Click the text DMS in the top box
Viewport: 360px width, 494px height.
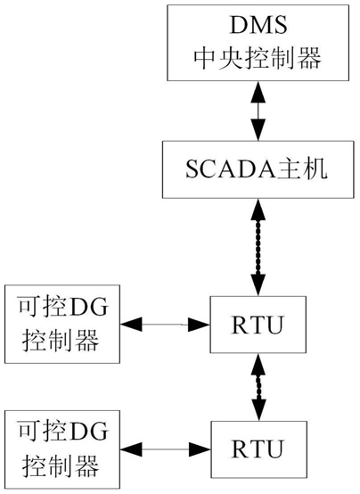click(258, 25)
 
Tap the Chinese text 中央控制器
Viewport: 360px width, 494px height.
click(258, 58)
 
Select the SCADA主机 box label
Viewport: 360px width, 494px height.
click(257, 169)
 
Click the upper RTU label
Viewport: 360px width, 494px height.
click(258, 325)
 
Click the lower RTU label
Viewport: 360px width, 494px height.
click(258, 449)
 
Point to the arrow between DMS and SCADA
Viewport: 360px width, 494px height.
click(258, 111)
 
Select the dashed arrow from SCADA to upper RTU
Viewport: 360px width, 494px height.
click(258, 247)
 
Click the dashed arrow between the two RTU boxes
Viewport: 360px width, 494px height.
click(258, 387)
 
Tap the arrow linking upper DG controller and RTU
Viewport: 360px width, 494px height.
click(165, 325)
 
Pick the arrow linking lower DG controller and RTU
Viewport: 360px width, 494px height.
click(166, 449)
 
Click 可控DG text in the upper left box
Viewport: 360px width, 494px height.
click(63, 307)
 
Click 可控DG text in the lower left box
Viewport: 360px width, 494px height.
click(63, 431)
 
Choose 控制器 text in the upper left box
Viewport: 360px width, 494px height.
click(61, 341)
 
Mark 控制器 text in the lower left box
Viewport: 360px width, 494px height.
click(61, 465)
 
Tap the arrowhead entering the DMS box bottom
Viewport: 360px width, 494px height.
click(258, 92)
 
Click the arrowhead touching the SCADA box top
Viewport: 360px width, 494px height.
click(258, 130)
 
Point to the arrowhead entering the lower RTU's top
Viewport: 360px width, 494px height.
click(258, 410)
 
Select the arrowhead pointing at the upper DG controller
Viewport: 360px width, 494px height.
click(131, 325)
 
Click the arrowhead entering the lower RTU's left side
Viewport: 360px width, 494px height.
click(200, 449)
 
